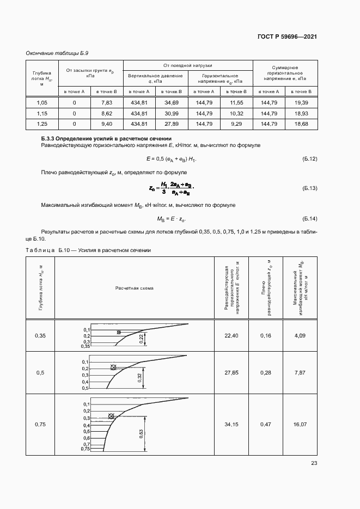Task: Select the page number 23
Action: [x=314, y=463]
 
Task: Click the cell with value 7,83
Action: [x=107, y=102]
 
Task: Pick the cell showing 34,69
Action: [x=172, y=102]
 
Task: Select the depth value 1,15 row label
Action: [x=42, y=113]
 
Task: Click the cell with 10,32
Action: [x=236, y=113]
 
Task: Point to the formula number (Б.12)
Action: [x=309, y=158]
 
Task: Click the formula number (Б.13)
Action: [x=309, y=188]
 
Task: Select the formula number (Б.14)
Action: [x=309, y=219]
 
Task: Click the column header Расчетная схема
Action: [x=134, y=288]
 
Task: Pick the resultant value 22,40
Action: [x=232, y=336]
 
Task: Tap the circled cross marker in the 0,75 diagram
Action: [x=112, y=416]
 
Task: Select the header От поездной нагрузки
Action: [x=187, y=65]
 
